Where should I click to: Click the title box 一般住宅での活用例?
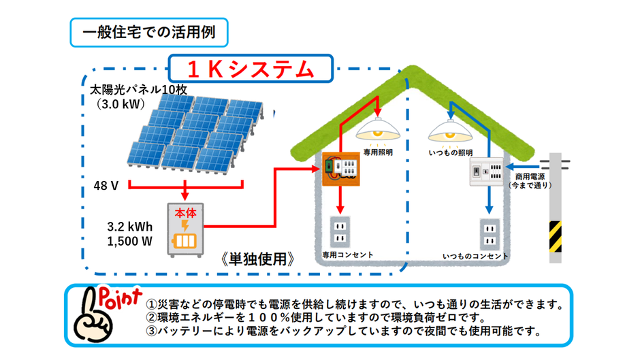point(149,32)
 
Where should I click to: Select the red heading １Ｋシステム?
point(251,69)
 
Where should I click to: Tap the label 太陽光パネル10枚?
point(138,89)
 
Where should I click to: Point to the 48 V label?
point(106,186)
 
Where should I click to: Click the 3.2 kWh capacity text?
point(130,227)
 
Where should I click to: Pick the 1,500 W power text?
point(130,241)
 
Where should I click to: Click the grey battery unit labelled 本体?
point(185,230)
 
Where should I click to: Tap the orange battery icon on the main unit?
point(185,241)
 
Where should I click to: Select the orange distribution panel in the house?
point(341,169)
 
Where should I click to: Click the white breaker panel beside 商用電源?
point(486,171)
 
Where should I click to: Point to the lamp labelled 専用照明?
point(378,130)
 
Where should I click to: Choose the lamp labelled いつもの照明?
point(450,131)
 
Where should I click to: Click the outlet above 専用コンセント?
point(340,232)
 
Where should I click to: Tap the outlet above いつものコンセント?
point(490,234)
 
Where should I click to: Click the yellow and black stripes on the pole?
point(555,236)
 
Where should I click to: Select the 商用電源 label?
point(530,176)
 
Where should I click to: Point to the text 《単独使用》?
point(257,259)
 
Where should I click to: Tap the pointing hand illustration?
point(92,316)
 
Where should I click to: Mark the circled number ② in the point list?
point(151,317)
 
